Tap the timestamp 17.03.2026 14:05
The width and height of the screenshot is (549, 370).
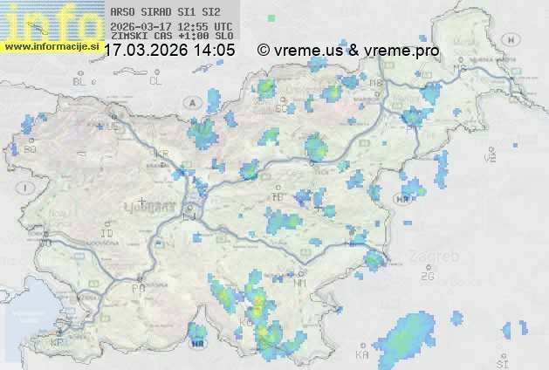click(x=169, y=51)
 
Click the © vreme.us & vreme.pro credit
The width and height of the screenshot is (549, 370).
click(x=348, y=51)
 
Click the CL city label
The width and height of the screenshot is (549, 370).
click(x=155, y=81)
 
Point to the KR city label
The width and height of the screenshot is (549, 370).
click(x=161, y=154)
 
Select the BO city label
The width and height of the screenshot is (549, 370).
click(x=31, y=149)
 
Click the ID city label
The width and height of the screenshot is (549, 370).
click(x=107, y=234)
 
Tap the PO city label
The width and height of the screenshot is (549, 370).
click(x=137, y=288)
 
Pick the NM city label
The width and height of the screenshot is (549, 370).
click(x=301, y=284)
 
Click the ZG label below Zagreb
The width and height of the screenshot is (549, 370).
click(x=427, y=277)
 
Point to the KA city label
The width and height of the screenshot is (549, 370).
click(x=362, y=355)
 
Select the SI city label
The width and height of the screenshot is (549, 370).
click(x=501, y=362)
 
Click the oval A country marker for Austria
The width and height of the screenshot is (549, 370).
click(x=192, y=103)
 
